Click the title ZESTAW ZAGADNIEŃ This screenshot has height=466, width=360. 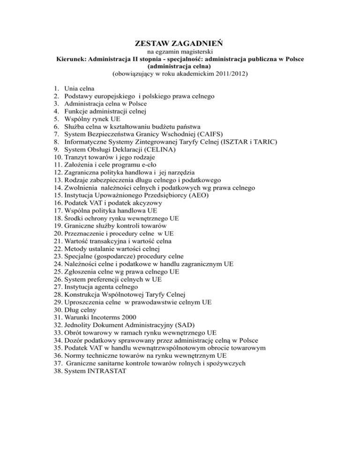180,44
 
